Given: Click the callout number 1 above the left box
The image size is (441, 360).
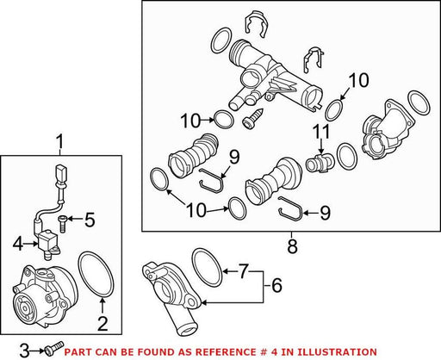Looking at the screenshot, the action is click(x=59, y=143).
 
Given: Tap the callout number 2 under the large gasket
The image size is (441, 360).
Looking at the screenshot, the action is click(x=102, y=324).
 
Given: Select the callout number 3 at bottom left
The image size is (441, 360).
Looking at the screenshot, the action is click(x=25, y=351).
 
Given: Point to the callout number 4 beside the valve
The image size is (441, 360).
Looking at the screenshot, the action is click(x=18, y=245).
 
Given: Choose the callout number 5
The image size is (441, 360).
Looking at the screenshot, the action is click(x=90, y=220).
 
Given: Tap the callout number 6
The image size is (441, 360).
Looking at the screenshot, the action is click(x=276, y=285).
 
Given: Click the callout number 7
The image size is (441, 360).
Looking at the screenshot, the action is click(x=244, y=271).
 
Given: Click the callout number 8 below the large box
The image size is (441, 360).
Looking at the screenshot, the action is click(x=292, y=247).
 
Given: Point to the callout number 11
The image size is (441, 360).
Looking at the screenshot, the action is click(x=321, y=132).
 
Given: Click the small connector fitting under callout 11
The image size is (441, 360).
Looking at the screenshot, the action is click(x=320, y=164).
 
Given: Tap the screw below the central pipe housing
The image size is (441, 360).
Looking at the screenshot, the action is click(x=252, y=118).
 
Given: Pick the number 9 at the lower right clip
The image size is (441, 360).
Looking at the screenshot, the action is click(x=325, y=213).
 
